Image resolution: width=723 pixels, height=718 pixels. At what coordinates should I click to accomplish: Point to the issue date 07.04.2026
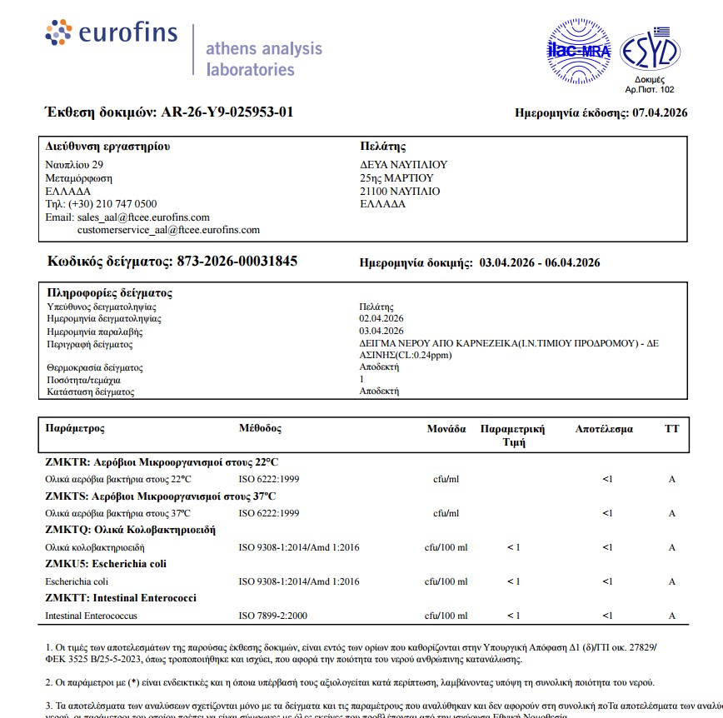coord(660,113)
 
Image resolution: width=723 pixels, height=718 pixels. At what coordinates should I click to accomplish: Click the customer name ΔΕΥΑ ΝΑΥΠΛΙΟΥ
coord(404,165)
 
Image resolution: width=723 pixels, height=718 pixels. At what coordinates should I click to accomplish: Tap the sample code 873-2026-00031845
coord(237,262)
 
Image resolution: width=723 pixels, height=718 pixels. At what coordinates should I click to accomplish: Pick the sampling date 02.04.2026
coord(381,319)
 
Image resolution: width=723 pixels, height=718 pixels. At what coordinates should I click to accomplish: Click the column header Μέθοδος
coord(260,429)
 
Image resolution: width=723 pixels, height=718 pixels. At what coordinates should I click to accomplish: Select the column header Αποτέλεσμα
coord(604,430)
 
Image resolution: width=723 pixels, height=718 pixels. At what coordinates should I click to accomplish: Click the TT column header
coord(671,430)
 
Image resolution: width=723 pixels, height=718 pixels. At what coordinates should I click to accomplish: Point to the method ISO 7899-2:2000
coord(273,616)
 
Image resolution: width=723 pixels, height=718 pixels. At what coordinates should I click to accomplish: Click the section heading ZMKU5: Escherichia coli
coord(106,564)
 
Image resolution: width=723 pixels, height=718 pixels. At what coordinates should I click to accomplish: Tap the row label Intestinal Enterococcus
coord(91,616)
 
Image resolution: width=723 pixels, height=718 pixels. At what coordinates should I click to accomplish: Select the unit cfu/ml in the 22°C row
coord(446,479)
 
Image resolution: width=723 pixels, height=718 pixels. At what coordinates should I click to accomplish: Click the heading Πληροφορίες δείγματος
coord(110,293)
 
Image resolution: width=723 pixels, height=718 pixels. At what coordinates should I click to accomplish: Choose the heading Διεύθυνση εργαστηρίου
coord(107,147)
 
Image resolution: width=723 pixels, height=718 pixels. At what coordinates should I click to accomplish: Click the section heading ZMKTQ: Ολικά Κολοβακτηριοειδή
coord(131,530)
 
